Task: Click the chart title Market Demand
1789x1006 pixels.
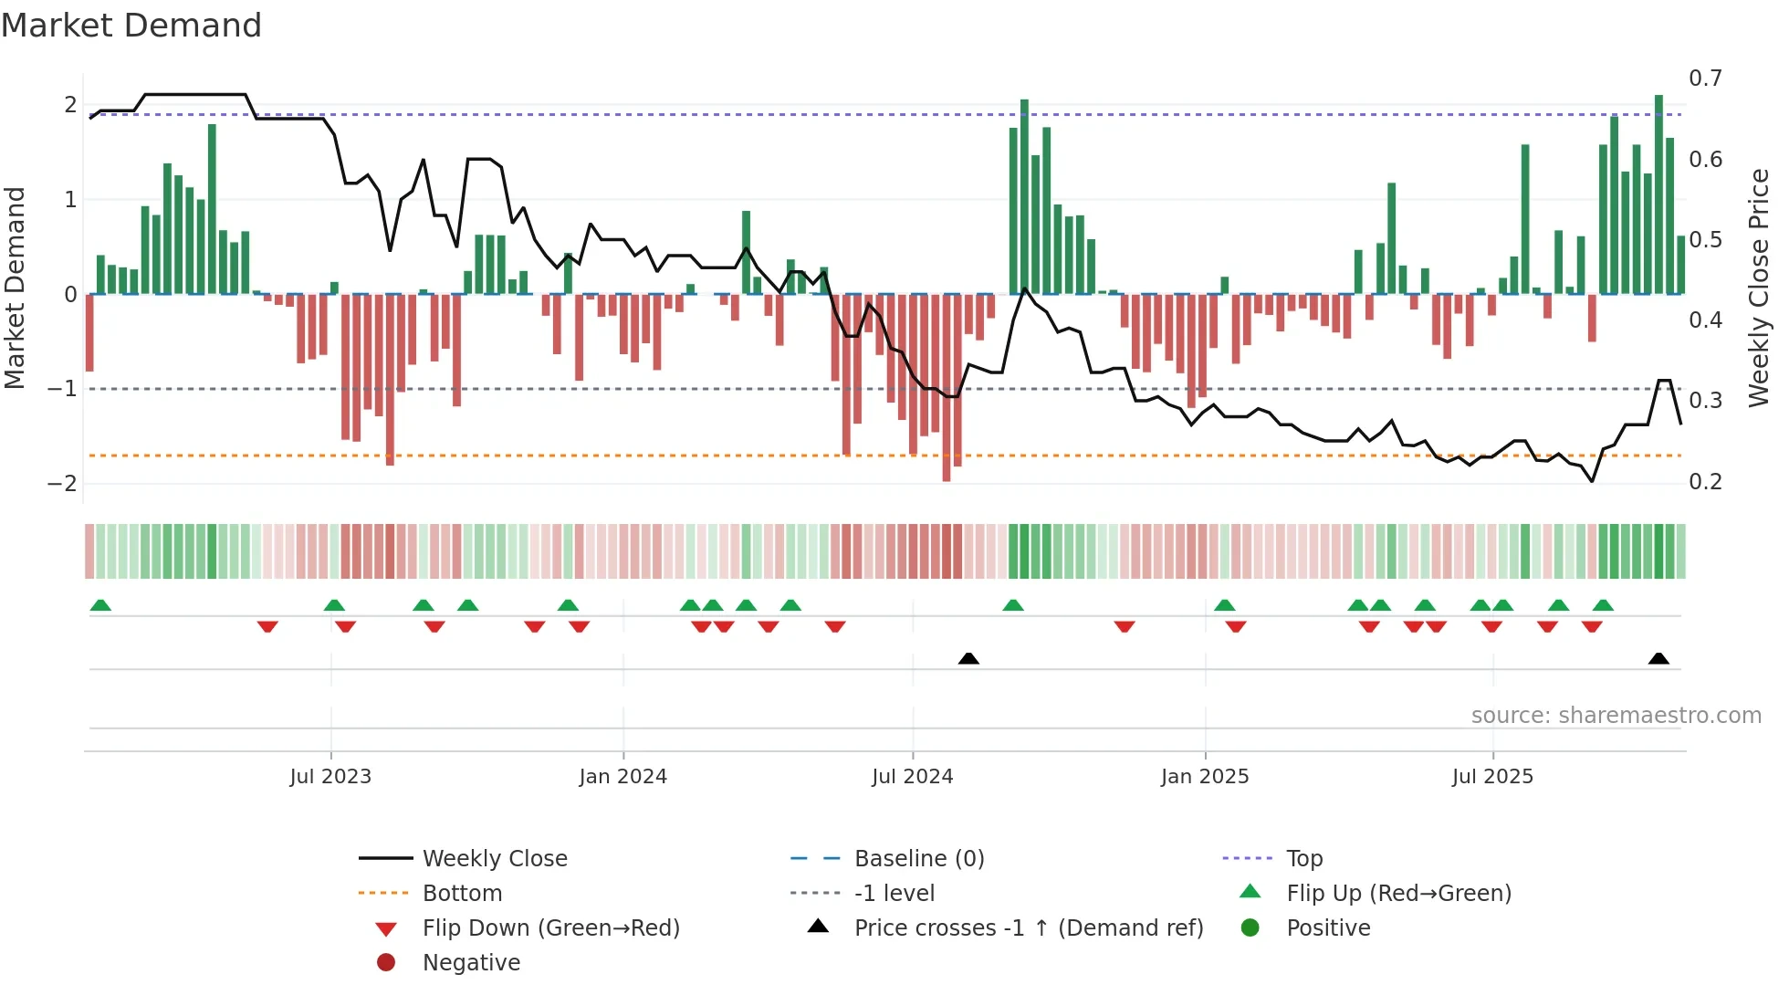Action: coord(131,25)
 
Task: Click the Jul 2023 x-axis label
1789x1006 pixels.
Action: coord(330,776)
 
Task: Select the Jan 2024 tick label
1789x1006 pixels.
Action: coord(622,776)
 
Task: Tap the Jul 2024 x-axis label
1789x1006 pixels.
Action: coord(912,776)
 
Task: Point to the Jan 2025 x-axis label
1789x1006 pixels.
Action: coord(1204,776)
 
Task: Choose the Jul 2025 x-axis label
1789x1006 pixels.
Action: coord(1492,776)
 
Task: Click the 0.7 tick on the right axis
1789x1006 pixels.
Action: coord(1705,79)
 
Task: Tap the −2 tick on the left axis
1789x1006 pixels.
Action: coord(62,483)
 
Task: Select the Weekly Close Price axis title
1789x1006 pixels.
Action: coord(1759,288)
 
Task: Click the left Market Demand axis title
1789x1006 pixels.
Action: coord(15,288)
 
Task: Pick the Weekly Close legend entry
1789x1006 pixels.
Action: coord(494,858)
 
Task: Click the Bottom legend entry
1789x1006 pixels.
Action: coord(462,893)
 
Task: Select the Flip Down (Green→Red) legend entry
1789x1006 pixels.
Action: coord(550,927)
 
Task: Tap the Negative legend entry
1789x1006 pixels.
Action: coord(471,962)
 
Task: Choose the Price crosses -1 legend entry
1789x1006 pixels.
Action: coord(1028,927)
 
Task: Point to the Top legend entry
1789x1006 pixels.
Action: coord(1303,858)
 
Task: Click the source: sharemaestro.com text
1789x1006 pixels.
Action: coord(1616,715)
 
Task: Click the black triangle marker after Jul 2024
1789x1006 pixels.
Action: coord(968,658)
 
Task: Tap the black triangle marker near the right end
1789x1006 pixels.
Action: coord(1658,658)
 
